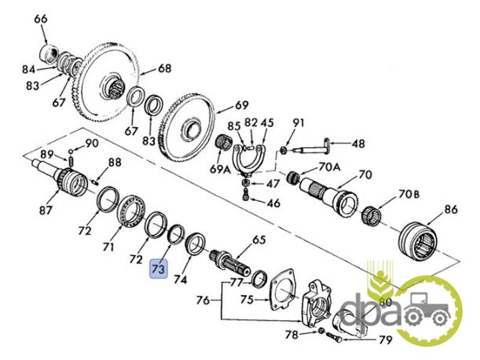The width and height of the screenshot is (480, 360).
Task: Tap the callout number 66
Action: [41, 19]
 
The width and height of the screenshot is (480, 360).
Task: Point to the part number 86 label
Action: [450, 209]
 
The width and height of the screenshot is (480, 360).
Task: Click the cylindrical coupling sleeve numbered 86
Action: [422, 243]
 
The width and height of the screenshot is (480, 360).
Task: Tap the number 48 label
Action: [358, 143]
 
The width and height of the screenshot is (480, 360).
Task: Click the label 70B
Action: [407, 194]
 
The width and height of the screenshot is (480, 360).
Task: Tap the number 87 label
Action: [46, 211]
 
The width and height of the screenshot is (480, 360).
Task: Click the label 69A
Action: [220, 169]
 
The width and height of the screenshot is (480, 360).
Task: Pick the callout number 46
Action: [273, 203]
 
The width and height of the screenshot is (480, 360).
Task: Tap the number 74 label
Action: [181, 279]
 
